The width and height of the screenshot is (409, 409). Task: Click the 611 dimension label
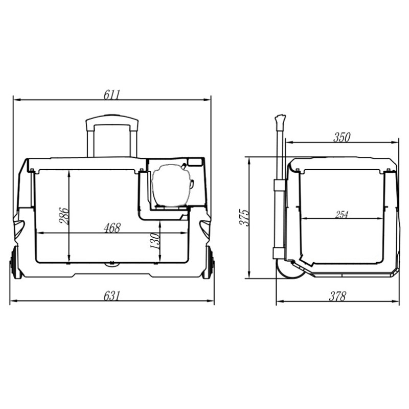click(x=111, y=95)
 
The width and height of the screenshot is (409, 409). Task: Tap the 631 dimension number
click(x=111, y=296)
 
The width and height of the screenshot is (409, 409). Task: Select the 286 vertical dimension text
click(x=64, y=216)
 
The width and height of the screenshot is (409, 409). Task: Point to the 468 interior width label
click(x=112, y=228)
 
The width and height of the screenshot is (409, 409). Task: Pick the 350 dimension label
click(x=342, y=138)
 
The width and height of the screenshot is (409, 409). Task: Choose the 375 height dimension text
click(x=245, y=217)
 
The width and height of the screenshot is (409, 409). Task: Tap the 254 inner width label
click(x=342, y=215)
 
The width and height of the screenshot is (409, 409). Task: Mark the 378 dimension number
click(x=337, y=297)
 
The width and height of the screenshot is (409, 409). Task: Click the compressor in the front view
click(x=171, y=186)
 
